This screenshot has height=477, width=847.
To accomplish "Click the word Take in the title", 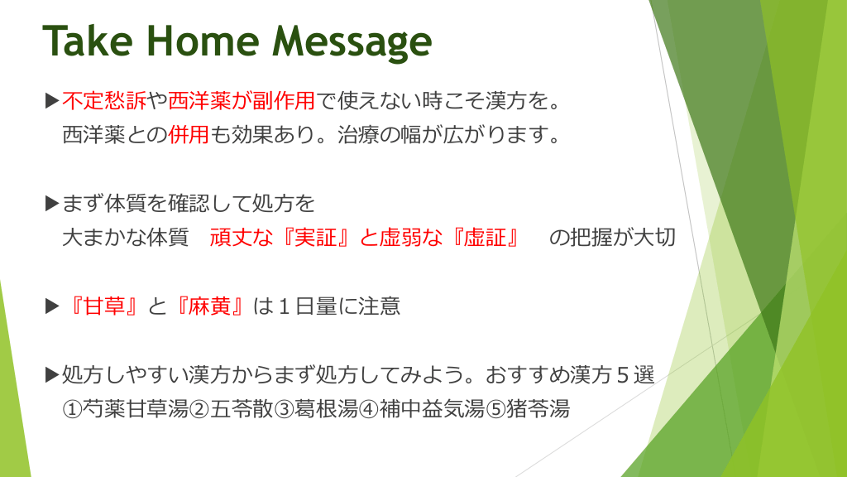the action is click(88, 41).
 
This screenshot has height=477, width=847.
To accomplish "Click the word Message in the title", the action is click(352, 43).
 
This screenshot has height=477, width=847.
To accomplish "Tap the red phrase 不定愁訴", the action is click(104, 100).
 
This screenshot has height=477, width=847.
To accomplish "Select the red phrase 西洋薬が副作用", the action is click(241, 100).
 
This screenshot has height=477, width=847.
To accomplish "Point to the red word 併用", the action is click(188, 134).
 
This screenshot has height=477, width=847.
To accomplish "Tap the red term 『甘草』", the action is click(103, 306).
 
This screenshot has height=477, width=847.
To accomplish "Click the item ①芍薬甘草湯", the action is click(126, 409).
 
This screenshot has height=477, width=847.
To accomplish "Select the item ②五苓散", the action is click(231, 409).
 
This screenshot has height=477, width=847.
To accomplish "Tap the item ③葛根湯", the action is click(315, 409).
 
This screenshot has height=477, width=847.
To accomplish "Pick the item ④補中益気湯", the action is click(421, 409).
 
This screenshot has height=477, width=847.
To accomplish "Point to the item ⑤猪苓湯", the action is click(527, 409).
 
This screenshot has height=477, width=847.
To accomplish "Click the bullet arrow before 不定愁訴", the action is click(52, 100).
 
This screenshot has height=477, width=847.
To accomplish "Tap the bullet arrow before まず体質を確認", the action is click(52, 204).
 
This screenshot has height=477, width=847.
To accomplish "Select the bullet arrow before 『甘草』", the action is click(52, 306).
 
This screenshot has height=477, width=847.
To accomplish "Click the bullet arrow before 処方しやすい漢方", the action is click(52, 374).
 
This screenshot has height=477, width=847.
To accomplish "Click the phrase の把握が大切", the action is click(612, 237).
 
